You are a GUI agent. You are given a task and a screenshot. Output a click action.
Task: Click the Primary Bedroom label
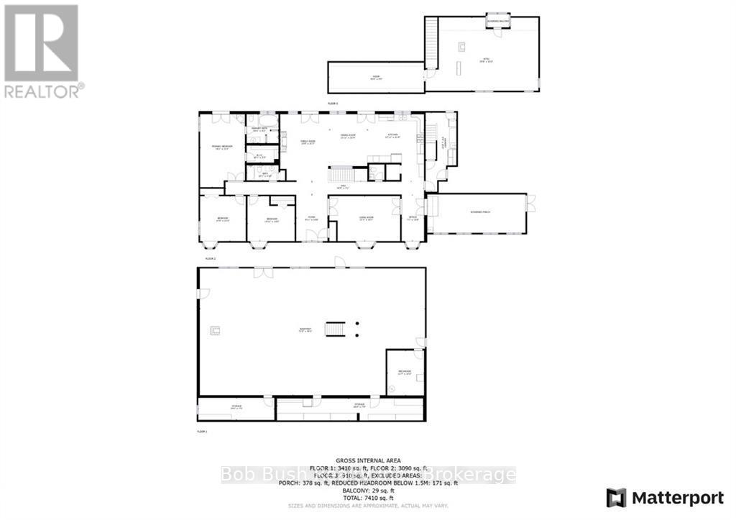tap(221, 147)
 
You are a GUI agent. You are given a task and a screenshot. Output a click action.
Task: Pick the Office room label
tap(413, 219)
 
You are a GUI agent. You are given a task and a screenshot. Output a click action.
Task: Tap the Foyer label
tap(312, 219)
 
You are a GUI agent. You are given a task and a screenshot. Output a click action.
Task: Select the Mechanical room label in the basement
tap(404, 373)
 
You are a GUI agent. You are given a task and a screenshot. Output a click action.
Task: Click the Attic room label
tap(485, 61)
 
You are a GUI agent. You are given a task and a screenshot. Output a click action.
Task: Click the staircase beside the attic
tap(431, 43)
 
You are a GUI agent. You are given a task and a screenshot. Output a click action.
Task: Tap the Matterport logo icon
tap(616, 497)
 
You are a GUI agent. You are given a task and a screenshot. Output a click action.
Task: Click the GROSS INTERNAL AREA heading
tap(368, 460)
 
